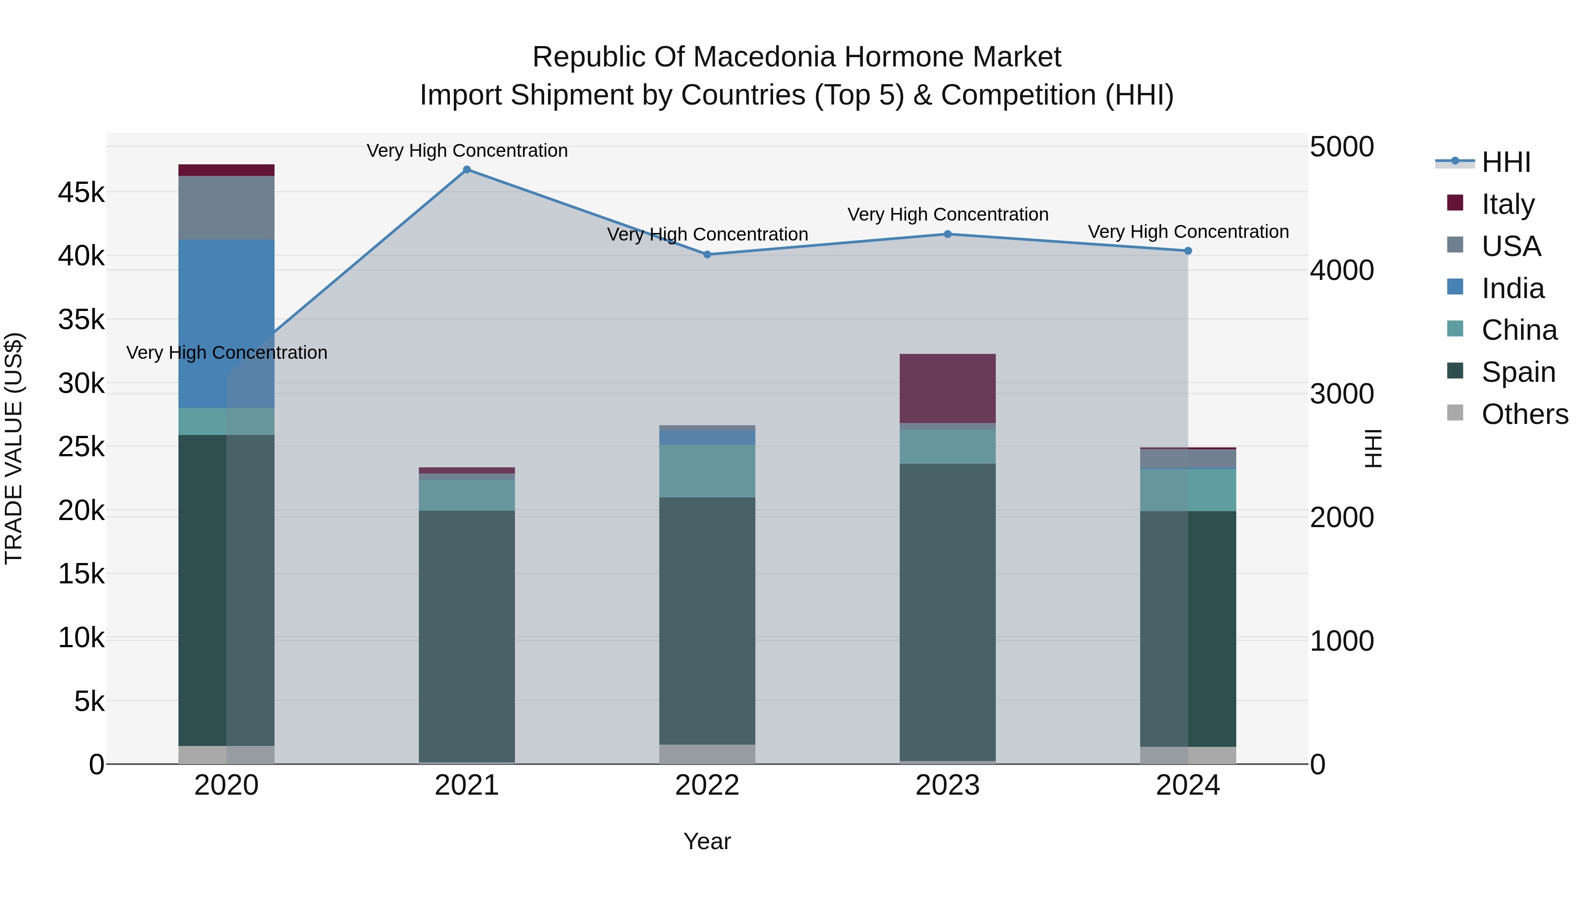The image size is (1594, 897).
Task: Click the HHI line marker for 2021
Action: pyautogui.click(x=467, y=170)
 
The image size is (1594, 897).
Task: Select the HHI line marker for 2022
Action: pyautogui.click(x=707, y=254)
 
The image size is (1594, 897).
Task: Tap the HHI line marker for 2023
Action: pyautogui.click(x=948, y=234)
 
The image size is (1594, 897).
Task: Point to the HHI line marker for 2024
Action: pyautogui.click(x=1188, y=251)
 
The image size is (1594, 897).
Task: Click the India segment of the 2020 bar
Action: pyautogui.click(x=226, y=323)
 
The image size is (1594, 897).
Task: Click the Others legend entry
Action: pyautogui.click(x=1524, y=414)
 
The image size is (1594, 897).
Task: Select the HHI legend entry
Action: pyautogui.click(x=1505, y=162)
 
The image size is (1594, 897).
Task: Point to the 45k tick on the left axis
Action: pyautogui.click(x=81, y=193)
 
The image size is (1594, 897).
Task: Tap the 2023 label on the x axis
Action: pyautogui.click(x=948, y=785)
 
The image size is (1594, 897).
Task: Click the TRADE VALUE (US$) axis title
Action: pyautogui.click(x=14, y=448)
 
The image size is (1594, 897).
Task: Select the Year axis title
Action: pyautogui.click(x=707, y=841)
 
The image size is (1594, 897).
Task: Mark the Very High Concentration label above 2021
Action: pyautogui.click(x=467, y=151)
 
